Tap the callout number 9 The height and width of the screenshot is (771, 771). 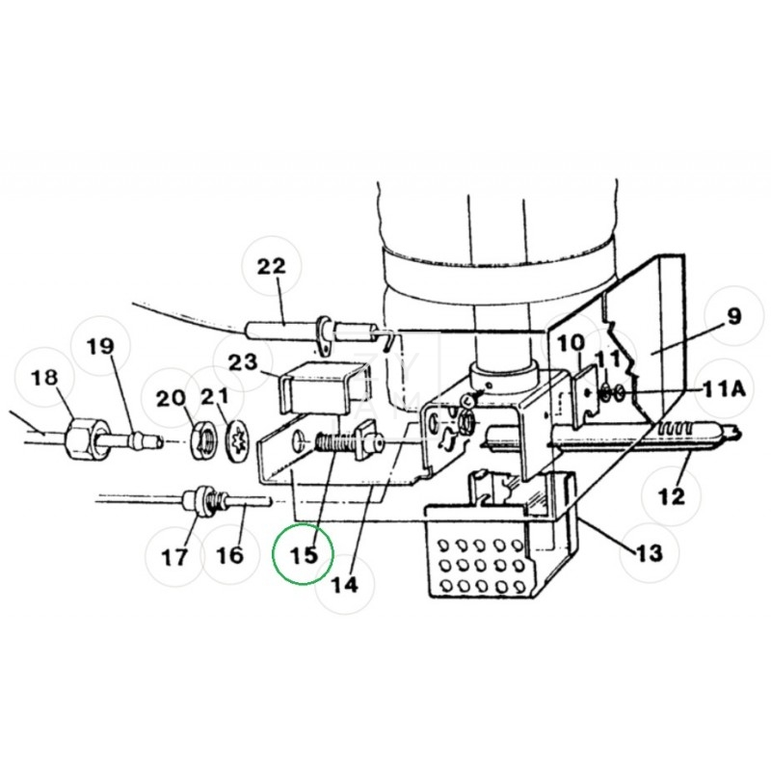point(733,317)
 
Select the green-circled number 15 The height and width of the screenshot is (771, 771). point(303,556)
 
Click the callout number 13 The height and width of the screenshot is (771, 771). point(649,552)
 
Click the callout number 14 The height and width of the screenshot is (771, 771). point(344,582)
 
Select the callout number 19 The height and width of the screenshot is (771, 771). point(101,346)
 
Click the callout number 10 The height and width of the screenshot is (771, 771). point(570,342)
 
